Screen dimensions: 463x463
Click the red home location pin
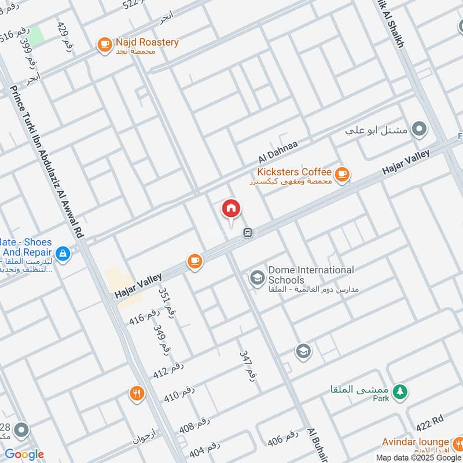[231, 209]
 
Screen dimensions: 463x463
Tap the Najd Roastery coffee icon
[104, 44]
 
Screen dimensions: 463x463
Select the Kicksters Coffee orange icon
[342, 173]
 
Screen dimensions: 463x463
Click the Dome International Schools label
[310, 275]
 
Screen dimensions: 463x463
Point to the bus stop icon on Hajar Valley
[248, 233]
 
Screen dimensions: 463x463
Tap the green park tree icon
[399, 392]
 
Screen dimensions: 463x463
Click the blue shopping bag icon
[63, 253]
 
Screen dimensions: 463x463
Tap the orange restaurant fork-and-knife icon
[137, 394]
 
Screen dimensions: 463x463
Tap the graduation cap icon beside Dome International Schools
[256, 278]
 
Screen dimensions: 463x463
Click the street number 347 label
[248, 364]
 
